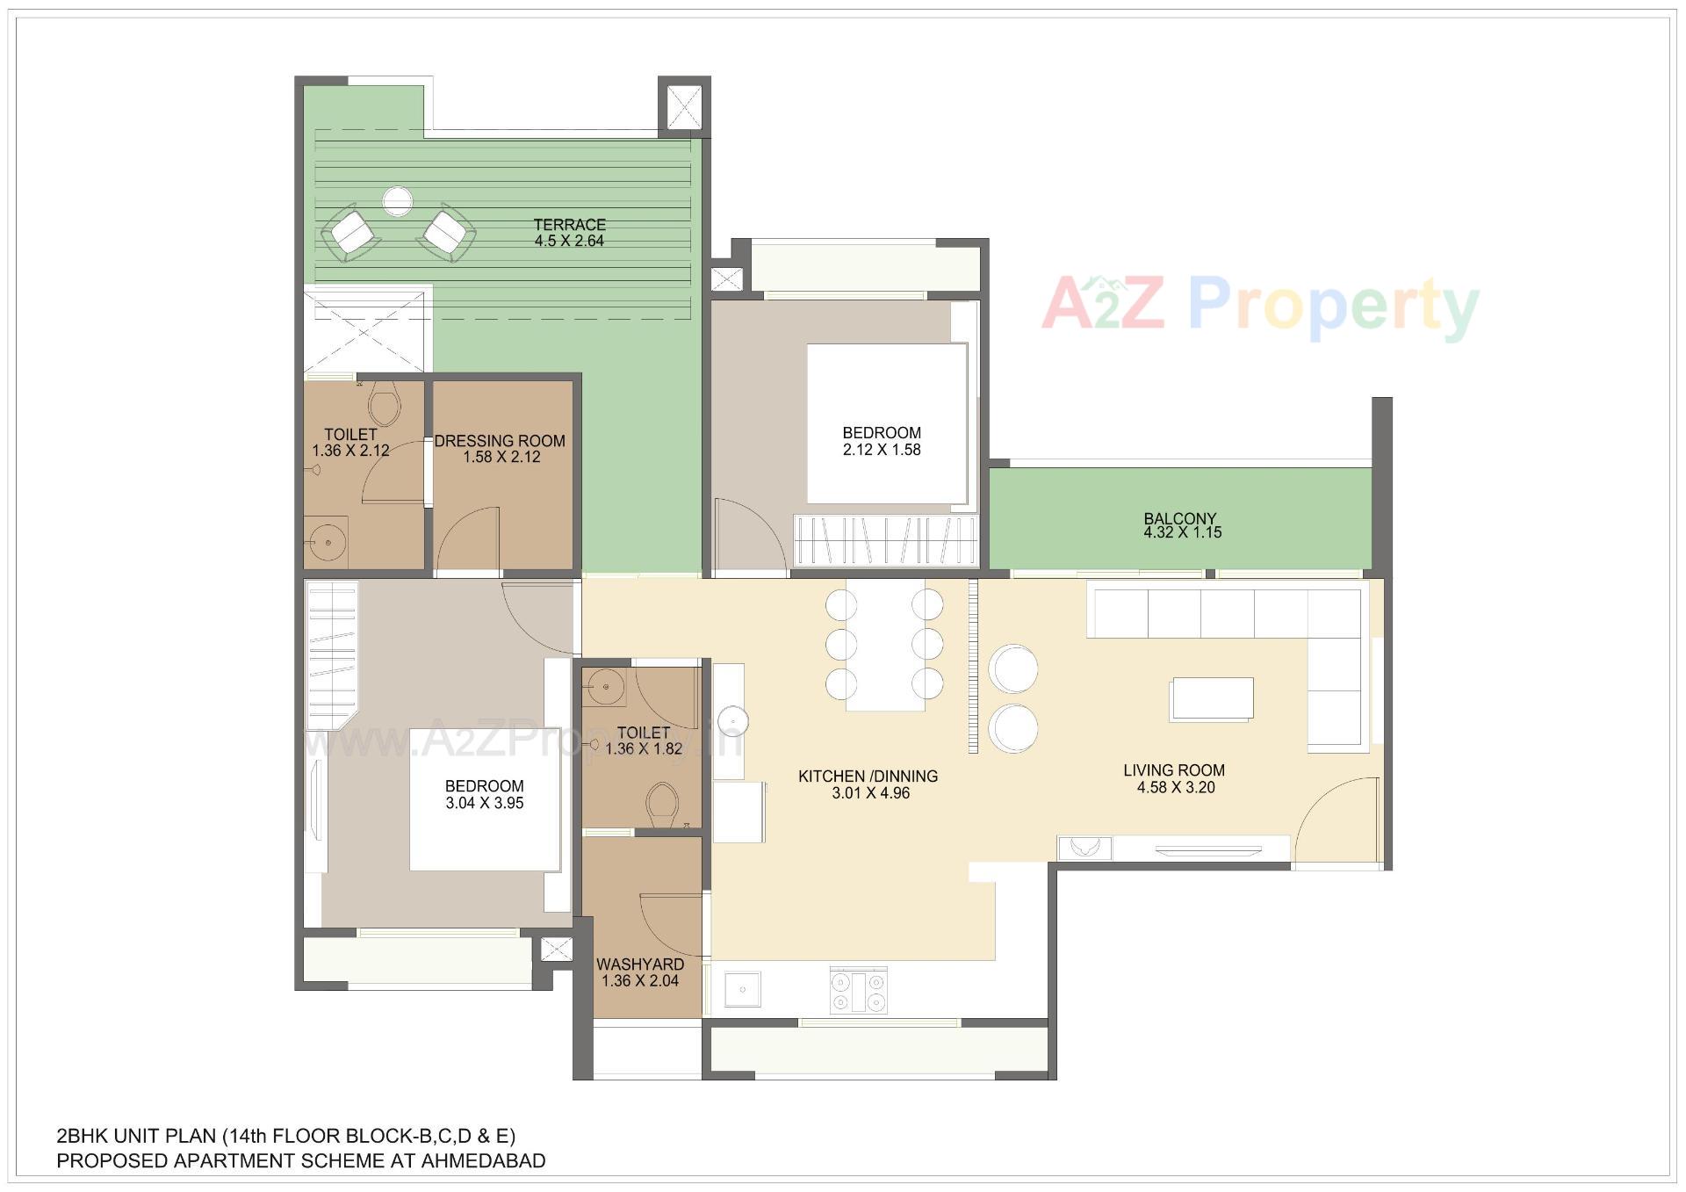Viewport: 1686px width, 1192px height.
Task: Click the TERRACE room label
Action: point(570,225)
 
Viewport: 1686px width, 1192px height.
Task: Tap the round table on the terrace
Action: point(397,201)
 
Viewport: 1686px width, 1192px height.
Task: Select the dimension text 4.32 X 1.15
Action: point(1182,532)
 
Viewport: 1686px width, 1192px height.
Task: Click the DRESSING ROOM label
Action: point(500,441)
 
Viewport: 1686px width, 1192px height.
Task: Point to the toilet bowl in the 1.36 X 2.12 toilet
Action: point(384,406)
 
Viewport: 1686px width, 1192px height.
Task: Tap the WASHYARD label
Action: point(640,964)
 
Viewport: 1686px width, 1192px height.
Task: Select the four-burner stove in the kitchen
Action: point(859,991)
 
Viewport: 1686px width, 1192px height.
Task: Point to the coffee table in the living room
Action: point(1211,699)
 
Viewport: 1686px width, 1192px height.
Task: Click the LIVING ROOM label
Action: point(1173,770)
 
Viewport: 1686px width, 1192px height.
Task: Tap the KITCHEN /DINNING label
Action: point(868,777)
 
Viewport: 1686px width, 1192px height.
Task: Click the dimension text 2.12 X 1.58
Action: point(881,450)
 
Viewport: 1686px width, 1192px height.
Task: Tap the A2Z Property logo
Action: point(1260,307)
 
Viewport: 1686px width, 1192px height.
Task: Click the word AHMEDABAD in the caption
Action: point(483,1161)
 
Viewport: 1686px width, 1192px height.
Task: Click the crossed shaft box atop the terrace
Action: point(683,107)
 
